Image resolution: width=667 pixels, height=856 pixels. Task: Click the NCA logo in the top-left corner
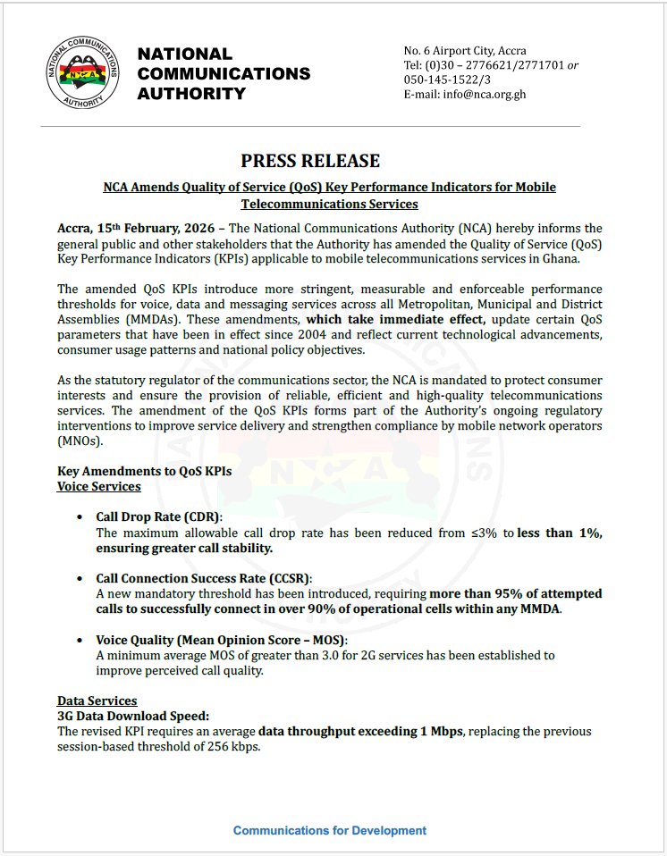pyautogui.click(x=83, y=74)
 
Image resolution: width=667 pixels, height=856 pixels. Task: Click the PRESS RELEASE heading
pyautogui.click(x=310, y=161)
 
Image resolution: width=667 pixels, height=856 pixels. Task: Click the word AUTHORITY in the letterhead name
pyautogui.click(x=190, y=93)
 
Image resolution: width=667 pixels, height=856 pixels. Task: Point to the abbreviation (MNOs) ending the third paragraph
pyautogui.click(x=80, y=441)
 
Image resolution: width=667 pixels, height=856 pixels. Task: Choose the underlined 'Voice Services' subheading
pyautogui.click(x=98, y=486)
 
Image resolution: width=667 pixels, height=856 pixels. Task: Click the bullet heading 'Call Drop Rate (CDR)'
pyautogui.click(x=158, y=517)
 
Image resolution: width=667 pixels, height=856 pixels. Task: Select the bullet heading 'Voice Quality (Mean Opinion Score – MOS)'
pyautogui.click(x=221, y=640)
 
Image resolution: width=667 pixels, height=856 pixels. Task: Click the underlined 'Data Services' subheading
pyautogui.click(x=97, y=701)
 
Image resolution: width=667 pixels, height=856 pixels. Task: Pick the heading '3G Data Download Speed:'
pyautogui.click(x=132, y=716)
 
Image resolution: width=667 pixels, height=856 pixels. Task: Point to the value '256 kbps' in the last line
pyautogui.click(x=234, y=747)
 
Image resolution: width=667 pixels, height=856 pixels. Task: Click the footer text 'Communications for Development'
pyautogui.click(x=330, y=830)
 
